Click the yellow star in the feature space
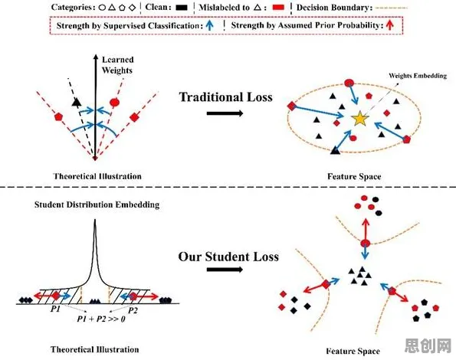359,119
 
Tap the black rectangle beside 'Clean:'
182,8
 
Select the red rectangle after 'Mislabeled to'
278,8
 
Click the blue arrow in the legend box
209,25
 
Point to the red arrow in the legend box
389,25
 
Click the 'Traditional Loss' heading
226,97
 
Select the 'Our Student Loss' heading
228,257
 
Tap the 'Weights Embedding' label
418,76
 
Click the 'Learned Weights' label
118,65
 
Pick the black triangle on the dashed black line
76,102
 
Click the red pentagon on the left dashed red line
58,117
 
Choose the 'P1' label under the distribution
55,309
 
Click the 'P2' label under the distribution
133,311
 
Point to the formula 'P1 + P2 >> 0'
101,319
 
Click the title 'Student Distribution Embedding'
97,205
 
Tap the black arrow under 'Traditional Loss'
225,113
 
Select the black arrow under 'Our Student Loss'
225,270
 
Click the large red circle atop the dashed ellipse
349,83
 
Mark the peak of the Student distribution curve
95,219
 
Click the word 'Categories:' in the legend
74,7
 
